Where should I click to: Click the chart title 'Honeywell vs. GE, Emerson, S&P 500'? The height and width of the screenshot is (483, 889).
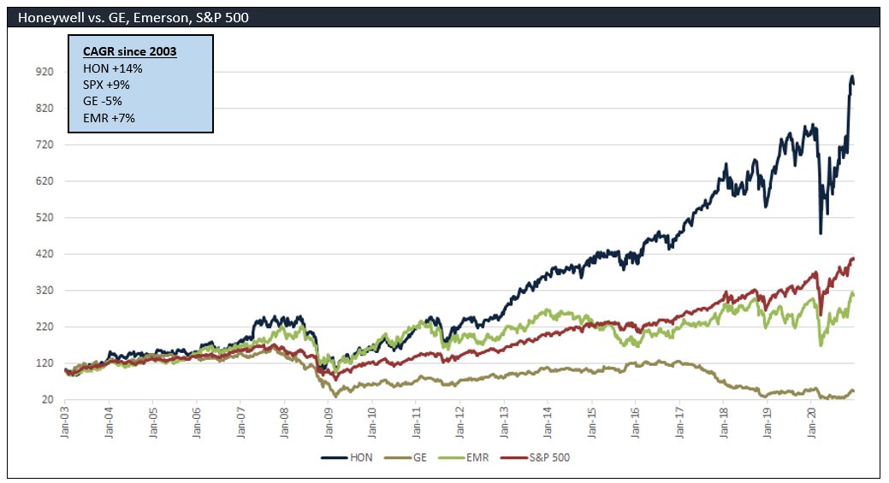(x=133, y=17)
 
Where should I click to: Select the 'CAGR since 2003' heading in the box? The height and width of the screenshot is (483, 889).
(x=129, y=52)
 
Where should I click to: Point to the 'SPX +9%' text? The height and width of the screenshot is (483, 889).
(x=106, y=85)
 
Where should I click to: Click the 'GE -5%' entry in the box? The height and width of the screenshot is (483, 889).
(x=103, y=101)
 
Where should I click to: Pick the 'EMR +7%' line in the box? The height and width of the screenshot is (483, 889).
(x=109, y=117)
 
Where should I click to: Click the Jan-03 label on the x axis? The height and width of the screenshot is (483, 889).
(x=66, y=422)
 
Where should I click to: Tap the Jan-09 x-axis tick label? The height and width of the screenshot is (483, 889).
(x=329, y=422)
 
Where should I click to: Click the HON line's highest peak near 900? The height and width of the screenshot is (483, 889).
(x=852, y=77)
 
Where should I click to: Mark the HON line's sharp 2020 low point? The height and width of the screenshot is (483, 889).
(x=821, y=233)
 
